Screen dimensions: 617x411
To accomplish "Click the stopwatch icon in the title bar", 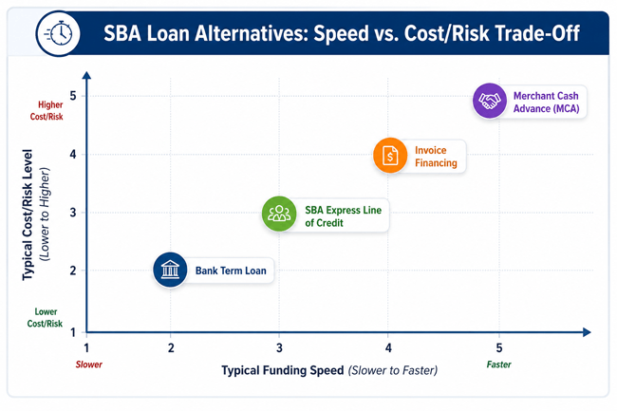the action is [x=58, y=33].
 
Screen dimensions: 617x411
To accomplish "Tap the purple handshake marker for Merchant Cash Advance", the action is [x=490, y=101].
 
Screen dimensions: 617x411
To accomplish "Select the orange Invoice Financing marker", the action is [x=390, y=156].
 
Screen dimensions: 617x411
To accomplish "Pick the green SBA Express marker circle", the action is [x=279, y=214].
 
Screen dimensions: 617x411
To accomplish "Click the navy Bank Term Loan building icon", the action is [x=170, y=270].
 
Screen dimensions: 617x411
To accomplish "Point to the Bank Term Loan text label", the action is [x=231, y=271].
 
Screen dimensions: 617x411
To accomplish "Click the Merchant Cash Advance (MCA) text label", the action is [x=546, y=103].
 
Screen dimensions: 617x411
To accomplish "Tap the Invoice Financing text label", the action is [x=436, y=157].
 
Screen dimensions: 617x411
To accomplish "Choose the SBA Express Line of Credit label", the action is [x=343, y=216].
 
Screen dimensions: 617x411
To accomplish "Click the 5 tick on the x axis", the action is [x=499, y=347].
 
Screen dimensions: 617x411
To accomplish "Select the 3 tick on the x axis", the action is [x=279, y=347].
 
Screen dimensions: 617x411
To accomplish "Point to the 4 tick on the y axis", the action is [x=73, y=154].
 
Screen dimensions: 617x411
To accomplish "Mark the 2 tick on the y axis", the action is [x=73, y=271].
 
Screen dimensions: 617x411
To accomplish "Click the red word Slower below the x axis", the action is [x=89, y=364].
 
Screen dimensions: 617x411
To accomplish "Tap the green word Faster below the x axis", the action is [x=499, y=364].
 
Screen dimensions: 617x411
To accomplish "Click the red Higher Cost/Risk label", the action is [x=47, y=110].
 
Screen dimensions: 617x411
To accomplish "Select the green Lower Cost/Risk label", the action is [x=45, y=318].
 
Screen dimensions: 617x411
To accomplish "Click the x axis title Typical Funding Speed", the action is [x=283, y=370].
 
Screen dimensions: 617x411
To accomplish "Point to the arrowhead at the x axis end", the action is [x=587, y=332].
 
